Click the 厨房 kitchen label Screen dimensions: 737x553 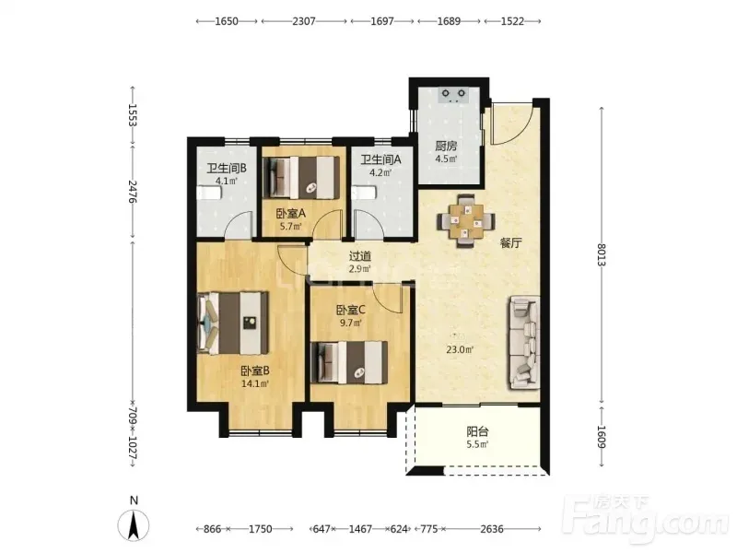pyautogui.click(x=446, y=147)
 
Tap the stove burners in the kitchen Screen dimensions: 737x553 pyautogui.click(x=453, y=95)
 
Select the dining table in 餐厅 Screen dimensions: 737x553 pyautogui.click(x=466, y=220)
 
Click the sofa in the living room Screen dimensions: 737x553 pyautogui.click(x=523, y=342)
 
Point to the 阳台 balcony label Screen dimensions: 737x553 pyautogui.click(x=477, y=431)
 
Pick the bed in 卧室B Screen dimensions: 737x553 pyautogui.click(x=233, y=323)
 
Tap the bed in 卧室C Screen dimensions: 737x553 pyautogui.click(x=350, y=362)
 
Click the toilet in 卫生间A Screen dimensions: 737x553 pyautogui.click(x=364, y=194)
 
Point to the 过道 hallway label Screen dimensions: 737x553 pyautogui.click(x=360, y=256)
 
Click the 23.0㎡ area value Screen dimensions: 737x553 pyautogui.click(x=459, y=349)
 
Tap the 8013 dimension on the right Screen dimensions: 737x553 pyautogui.click(x=602, y=254)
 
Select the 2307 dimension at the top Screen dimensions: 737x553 pyautogui.click(x=304, y=21)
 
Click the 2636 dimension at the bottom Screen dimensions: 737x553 pyautogui.click(x=492, y=529)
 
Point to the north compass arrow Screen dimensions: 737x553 pyautogui.click(x=134, y=524)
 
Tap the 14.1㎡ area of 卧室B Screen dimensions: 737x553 pyautogui.click(x=255, y=383)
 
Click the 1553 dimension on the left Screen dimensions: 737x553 pyautogui.click(x=133, y=115)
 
